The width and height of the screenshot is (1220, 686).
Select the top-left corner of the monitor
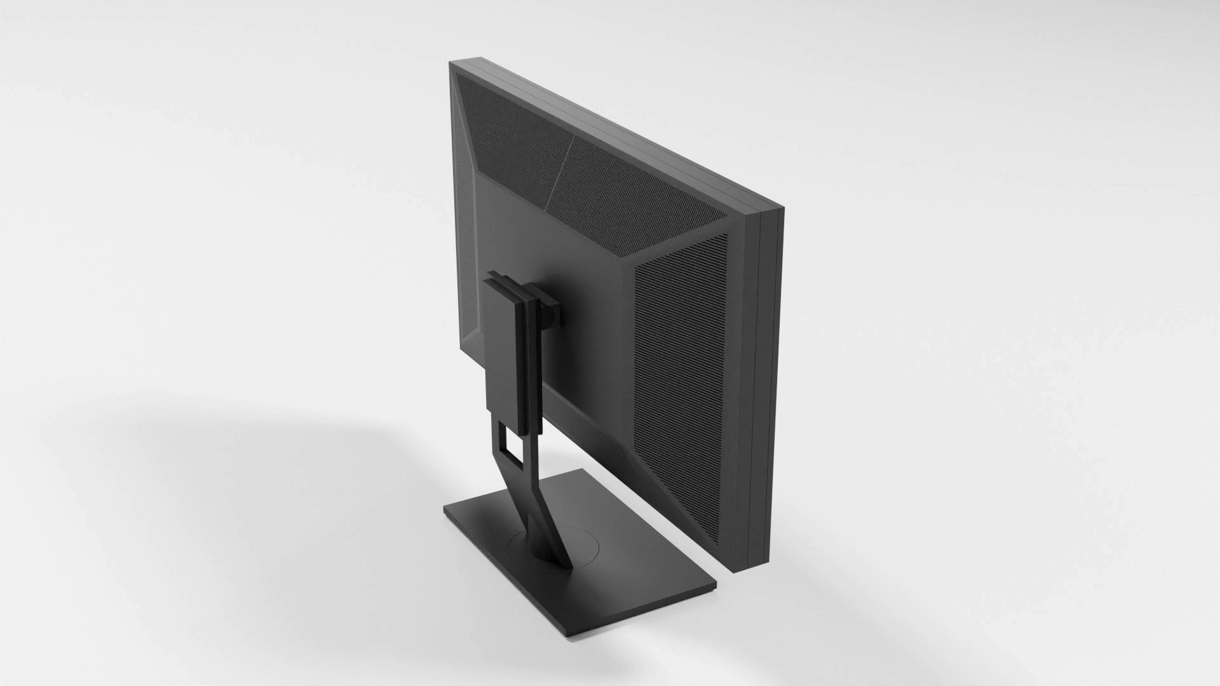click(450, 62)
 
